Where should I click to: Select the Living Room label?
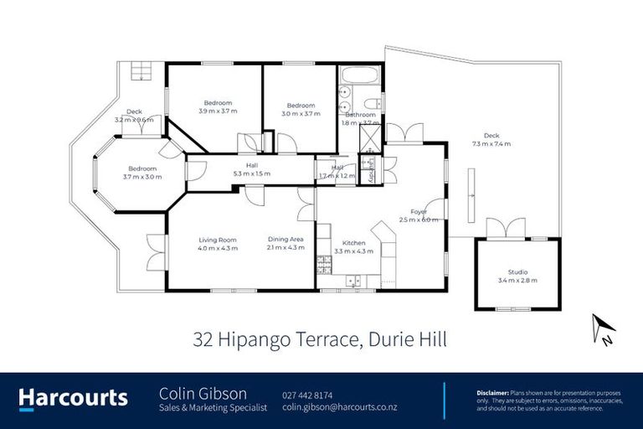217,240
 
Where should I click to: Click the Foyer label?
419,212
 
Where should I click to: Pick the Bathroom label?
360,115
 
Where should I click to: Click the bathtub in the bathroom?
361,75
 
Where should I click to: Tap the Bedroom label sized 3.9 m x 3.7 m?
218,103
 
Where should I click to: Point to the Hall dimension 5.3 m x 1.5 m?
251,173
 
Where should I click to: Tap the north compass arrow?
604,327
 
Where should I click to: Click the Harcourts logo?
73,398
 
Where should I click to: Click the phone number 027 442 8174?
309,394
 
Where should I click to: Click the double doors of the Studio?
507,228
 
